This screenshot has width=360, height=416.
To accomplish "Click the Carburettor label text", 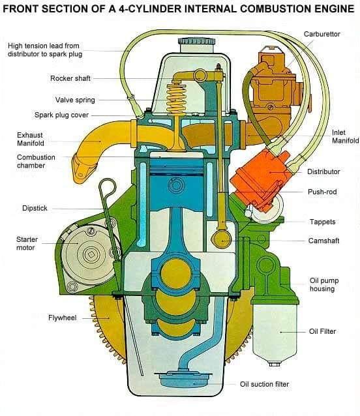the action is coord(322,34).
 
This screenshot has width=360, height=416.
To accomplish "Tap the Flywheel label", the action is coord(63,318).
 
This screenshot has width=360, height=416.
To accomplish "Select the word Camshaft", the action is coord(323,241).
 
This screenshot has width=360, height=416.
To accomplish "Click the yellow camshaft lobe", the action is coord(221,239).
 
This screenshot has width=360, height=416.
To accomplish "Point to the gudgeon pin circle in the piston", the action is coord(176,185).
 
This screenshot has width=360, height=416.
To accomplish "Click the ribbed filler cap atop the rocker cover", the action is coord(196,42).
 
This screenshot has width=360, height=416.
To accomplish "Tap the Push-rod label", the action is coord(322,192).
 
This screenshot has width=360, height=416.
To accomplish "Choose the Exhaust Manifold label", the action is coord(31,139).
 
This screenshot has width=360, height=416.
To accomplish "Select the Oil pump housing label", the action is coord(324,284).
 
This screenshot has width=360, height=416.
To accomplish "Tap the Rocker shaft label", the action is coord(70,78).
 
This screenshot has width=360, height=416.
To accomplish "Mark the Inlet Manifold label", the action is coord(346,136).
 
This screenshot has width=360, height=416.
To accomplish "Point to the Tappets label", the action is coord(322,222).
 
